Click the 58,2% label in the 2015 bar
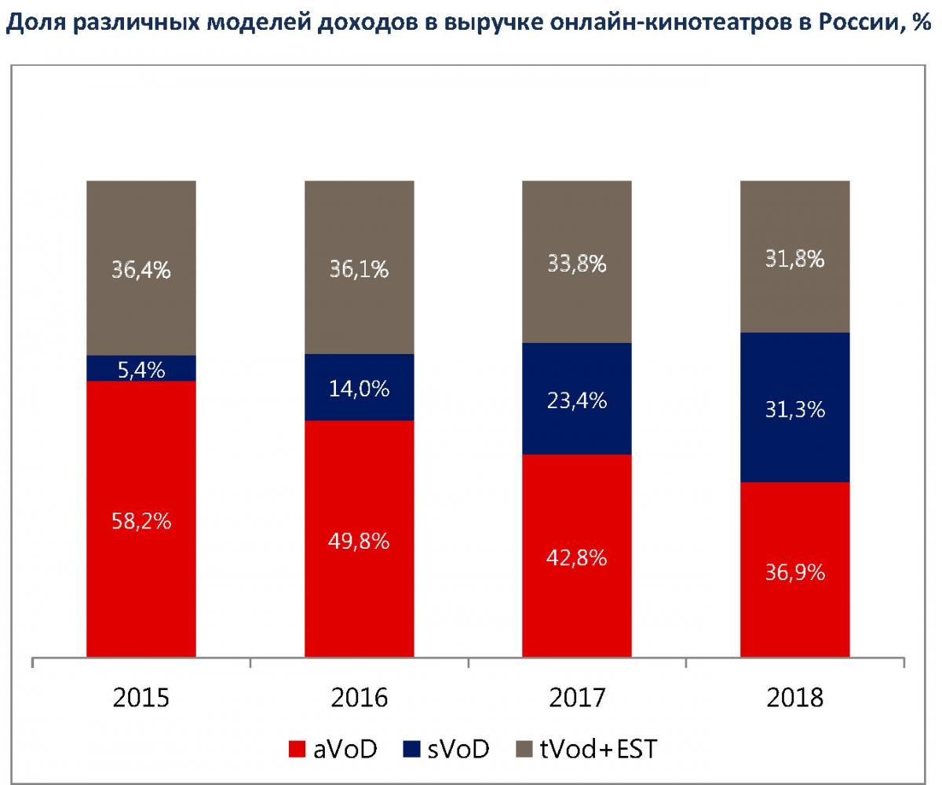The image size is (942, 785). coord(141,520)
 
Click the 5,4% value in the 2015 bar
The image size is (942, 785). coord(141,369)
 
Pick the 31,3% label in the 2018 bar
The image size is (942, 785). coord(795,409)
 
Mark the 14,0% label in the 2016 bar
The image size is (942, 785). coord(360,389)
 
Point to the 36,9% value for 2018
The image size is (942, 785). coord(795,572)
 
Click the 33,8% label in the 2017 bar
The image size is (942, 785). coord(577,264)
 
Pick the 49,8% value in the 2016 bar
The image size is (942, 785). coord(360,541)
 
